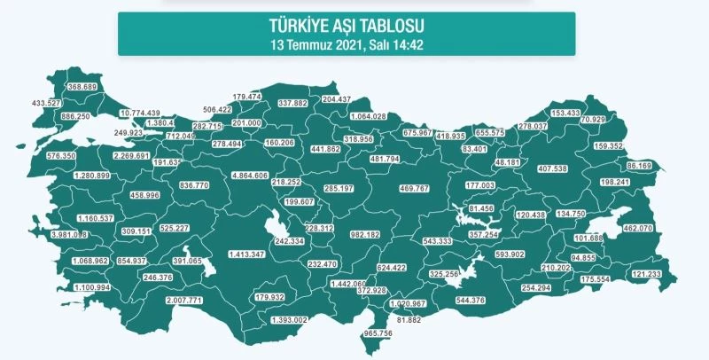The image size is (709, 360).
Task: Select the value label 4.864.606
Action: click(249, 176)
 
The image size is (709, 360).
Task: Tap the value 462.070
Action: click(638, 228)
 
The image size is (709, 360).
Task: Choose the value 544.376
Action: click(469, 300)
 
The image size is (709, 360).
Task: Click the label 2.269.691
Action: click(131, 155)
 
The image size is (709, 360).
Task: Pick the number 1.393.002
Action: click(289, 319)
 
